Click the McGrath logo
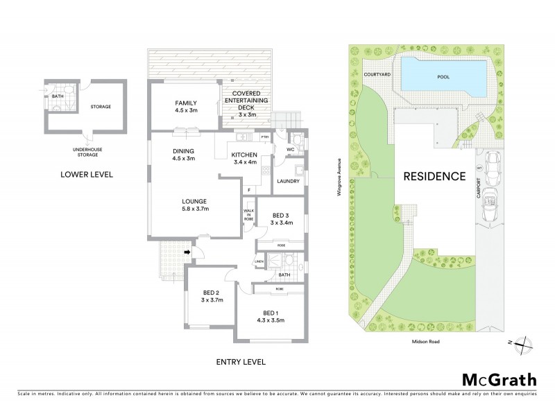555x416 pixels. click(499, 379)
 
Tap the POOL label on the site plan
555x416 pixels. click(441, 78)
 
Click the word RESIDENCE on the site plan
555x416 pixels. click(434, 176)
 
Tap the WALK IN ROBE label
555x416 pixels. click(248, 215)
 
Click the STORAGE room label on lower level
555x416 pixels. click(101, 106)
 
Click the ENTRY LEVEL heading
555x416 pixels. click(241, 362)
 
